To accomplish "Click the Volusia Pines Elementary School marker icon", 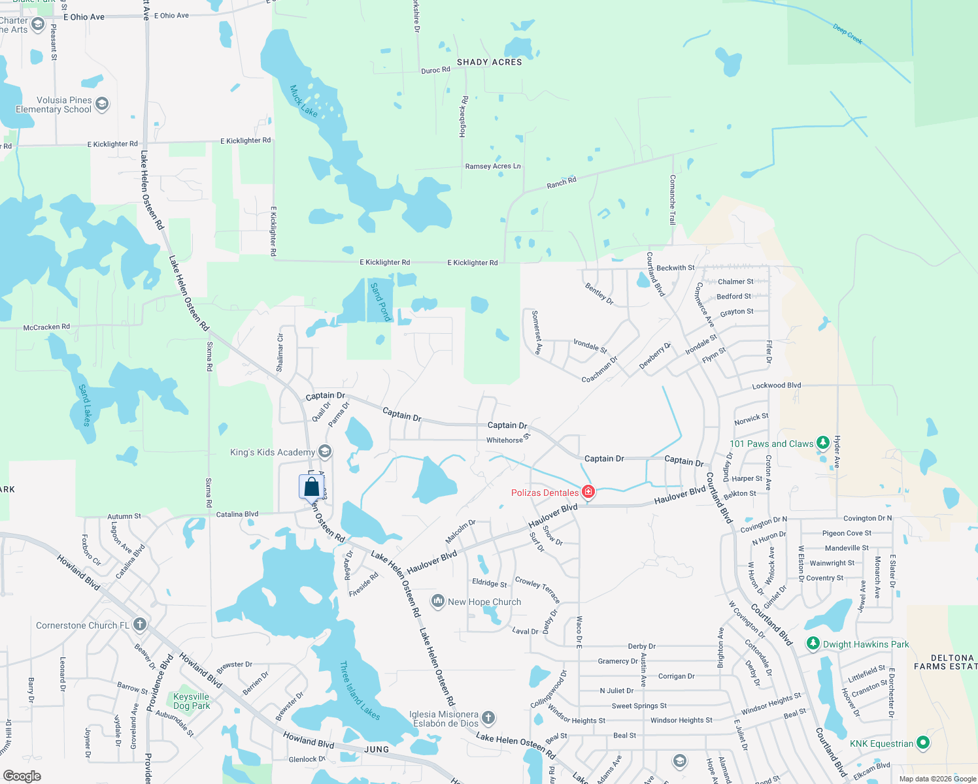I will pyautogui.click(x=101, y=104).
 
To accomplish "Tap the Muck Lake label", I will pyautogui.click(x=303, y=101).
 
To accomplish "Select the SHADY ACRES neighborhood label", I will pyautogui.click(x=489, y=62).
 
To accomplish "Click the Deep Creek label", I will pyautogui.click(x=848, y=33).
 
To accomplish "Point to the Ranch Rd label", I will pyautogui.click(x=562, y=183).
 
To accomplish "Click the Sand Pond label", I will pyautogui.click(x=380, y=302).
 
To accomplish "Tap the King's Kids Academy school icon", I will pyautogui.click(x=325, y=451).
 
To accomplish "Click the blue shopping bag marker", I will pyautogui.click(x=312, y=487).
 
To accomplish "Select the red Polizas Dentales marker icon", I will pyautogui.click(x=588, y=492).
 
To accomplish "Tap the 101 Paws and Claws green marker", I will pyautogui.click(x=823, y=443).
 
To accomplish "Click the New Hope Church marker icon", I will pyautogui.click(x=437, y=601).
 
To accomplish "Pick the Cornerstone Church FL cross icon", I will pyautogui.click(x=139, y=625).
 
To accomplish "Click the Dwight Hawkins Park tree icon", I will pyautogui.click(x=813, y=644).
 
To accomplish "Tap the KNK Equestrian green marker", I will pyautogui.click(x=922, y=743).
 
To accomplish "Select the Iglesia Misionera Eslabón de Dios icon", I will pyautogui.click(x=488, y=719).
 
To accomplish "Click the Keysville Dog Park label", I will pyautogui.click(x=192, y=701).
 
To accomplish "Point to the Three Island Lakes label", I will pyautogui.click(x=360, y=691).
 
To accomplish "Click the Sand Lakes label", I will pyautogui.click(x=85, y=405).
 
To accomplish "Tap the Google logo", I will pyautogui.click(x=22, y=776).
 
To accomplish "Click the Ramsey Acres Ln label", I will pyautogui.click(x=493, y=166).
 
